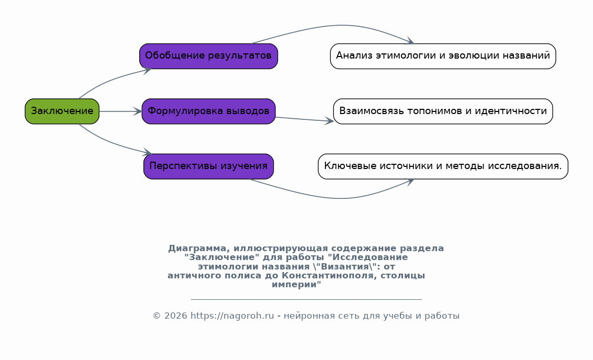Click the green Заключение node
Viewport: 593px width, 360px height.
[x=62, y=111]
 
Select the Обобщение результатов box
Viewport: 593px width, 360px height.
[x=208, y=56]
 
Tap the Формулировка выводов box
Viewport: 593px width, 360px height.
[x=208, y=111]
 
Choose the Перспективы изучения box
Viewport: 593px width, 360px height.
[x=208, y=166]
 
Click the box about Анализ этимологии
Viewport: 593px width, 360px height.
[x=443, y=56]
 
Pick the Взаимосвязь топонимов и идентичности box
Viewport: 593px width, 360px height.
[x=443, y=111]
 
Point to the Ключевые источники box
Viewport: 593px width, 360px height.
[x=443, y=166]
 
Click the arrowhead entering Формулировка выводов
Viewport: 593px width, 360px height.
[x=138, y=111]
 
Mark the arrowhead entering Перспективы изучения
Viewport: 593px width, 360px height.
[x=147, y=152]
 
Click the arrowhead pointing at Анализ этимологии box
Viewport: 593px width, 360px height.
[x=410, y=41]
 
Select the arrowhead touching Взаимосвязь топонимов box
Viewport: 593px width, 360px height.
[x=329, y=121]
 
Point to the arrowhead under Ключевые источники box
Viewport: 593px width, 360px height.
[x=410, y=182]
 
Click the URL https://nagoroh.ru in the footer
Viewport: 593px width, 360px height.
[x=232, y=316]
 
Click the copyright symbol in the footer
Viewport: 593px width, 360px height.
[x=156, y=316]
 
